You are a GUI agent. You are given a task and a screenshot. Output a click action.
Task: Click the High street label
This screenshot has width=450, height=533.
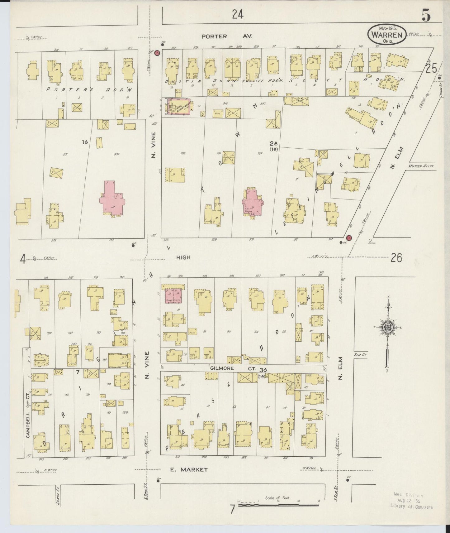click(183, 257)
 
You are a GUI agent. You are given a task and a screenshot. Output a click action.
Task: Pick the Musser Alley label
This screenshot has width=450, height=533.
click(421, 167)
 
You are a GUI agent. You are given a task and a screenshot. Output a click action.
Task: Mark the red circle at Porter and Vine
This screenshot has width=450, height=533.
click(158, 53)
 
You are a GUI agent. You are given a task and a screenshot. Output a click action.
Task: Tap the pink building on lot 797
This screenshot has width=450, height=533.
click(252, 203)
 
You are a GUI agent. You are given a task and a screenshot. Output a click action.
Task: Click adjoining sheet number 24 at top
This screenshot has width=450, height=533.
click(237, 14)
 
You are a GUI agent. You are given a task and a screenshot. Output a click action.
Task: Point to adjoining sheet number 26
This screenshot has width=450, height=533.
click(396, 258)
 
